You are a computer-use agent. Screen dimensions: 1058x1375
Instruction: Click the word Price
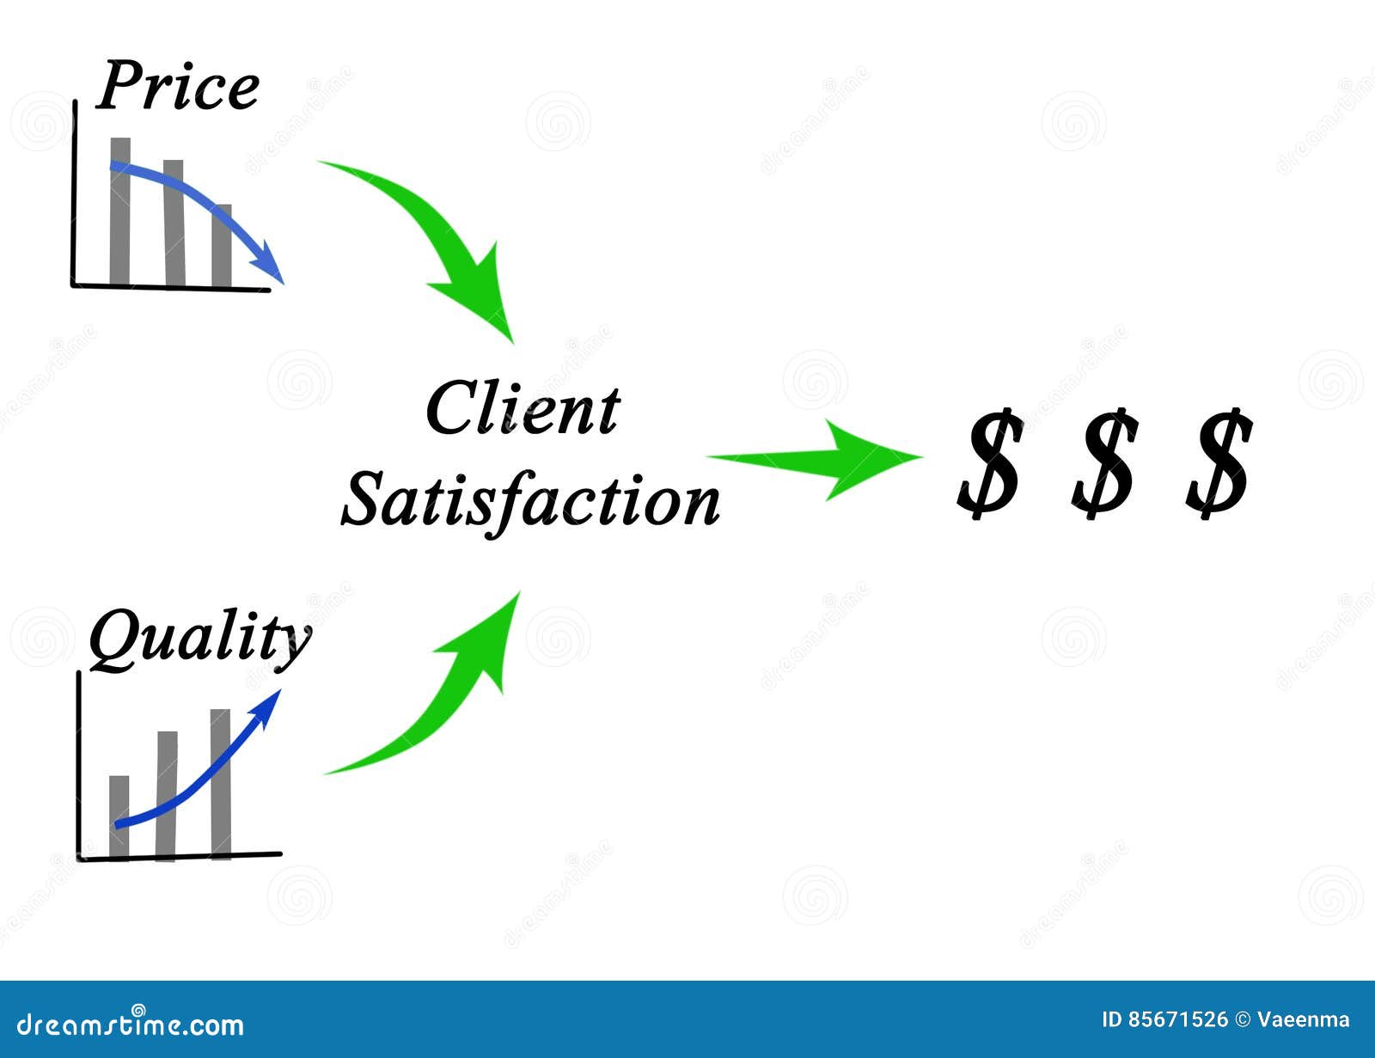178,86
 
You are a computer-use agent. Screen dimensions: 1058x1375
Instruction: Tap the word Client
522,409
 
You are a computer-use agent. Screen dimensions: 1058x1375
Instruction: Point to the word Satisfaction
530,500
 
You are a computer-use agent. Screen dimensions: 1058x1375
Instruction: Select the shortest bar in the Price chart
222,249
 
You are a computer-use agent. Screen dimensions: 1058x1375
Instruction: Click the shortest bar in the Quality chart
119,816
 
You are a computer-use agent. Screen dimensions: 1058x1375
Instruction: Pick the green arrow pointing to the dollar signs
825,459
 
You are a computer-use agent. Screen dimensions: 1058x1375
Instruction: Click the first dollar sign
990,464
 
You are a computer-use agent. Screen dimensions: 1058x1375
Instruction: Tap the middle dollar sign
1104,464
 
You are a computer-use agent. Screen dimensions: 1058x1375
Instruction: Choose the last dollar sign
1219,464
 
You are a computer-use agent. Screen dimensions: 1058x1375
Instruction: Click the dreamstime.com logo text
131,1024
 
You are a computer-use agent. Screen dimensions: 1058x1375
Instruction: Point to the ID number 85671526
1177,1020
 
